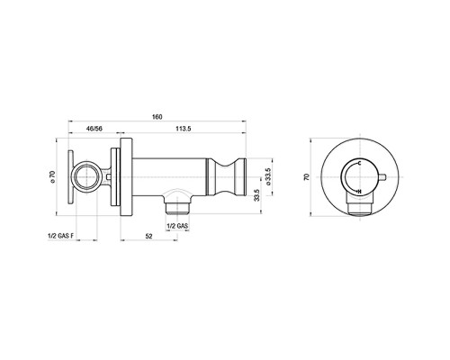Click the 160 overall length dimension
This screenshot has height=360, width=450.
pos(157,117)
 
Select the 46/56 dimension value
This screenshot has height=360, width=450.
pos(94,129)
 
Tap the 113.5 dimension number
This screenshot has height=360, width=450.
pos(184,129)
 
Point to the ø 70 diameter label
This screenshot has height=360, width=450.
pos(52,176)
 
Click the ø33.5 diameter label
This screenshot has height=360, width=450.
pos(268,176)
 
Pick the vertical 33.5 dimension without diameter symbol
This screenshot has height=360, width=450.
pos(256,195)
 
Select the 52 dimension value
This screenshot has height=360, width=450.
pos(148,236)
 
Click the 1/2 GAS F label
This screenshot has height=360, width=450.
pos(60,236)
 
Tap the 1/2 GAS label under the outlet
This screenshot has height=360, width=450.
pos(177,226)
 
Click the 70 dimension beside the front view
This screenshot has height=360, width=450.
pos(306,176)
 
